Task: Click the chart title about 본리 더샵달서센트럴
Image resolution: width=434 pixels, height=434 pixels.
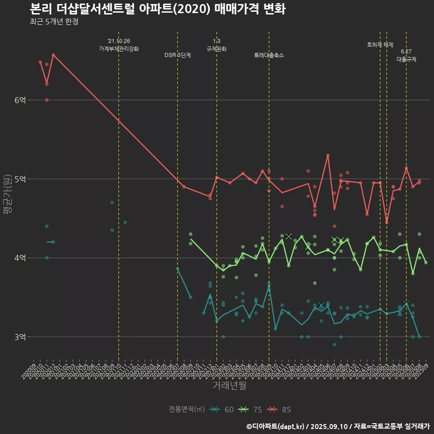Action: (x=157, y=9)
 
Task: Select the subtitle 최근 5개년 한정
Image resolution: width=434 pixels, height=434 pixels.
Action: (x=54, y=22)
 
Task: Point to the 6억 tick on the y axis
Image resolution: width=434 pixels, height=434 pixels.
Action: (x=19, y=100)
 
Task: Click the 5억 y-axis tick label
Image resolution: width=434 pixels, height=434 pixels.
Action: (x=19, y=179)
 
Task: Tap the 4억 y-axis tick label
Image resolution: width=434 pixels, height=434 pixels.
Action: (x=19, y=258)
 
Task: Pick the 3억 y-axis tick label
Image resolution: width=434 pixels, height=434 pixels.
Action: (x=19, y=337)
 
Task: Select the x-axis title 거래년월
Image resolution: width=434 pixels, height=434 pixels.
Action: (x=230, y=386)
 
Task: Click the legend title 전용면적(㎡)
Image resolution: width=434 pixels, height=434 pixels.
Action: (x=187, y=410)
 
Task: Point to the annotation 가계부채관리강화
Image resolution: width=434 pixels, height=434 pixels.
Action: (x=119, y=49)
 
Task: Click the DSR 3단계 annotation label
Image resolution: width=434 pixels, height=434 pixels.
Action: (x=178, y=55)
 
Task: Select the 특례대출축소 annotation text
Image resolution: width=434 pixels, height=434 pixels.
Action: (x=269, y=55)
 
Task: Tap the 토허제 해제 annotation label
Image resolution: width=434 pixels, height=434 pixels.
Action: (x=380, y=45)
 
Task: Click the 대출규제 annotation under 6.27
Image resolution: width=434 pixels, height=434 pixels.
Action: (x=406, y=59)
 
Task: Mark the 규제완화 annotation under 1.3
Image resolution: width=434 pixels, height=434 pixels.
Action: (x=217, y=49)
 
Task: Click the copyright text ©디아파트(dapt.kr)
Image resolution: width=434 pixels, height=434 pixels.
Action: (x=276, y=426)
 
